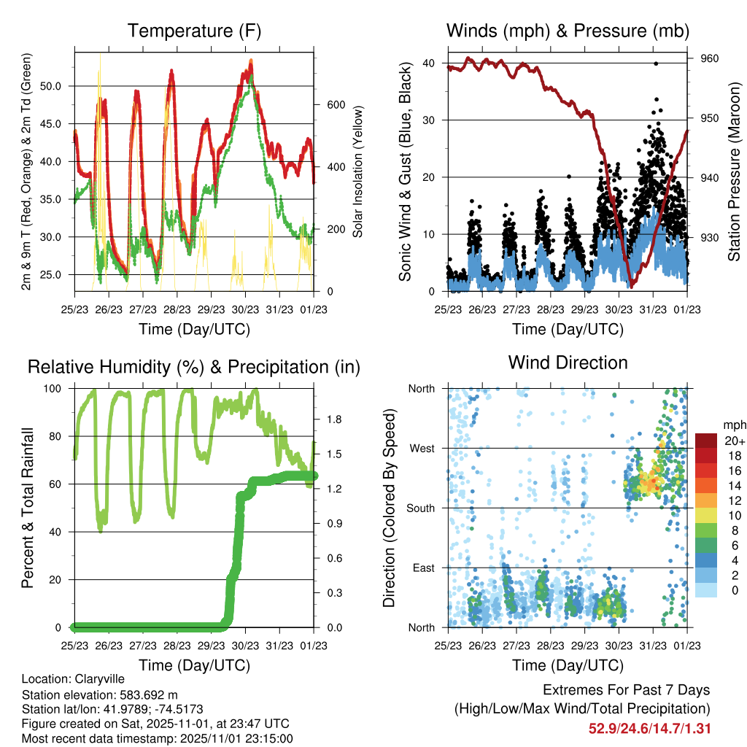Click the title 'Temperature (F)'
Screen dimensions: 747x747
pos(194,31)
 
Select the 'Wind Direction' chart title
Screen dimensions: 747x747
pos(568,363)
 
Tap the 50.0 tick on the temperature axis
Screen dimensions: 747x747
pos(58,86)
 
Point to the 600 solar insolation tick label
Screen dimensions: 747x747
pos(335,105)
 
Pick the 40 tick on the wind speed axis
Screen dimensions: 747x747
pos(429,63)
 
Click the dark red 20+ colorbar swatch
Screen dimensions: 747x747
pos(708,441)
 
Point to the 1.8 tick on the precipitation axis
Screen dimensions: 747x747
pos(335,420)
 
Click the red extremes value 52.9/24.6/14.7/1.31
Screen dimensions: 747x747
pos(649,728)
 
